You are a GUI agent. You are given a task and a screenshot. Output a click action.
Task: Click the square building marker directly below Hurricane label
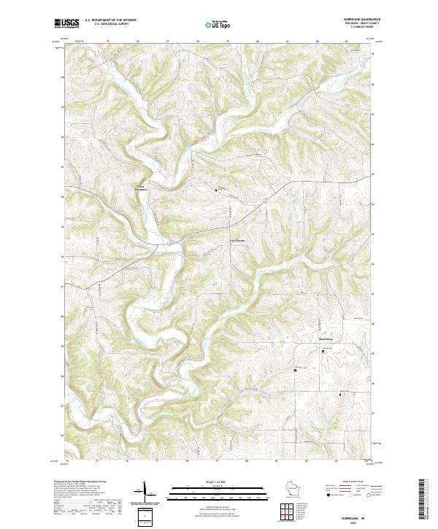click(x=324, y=351)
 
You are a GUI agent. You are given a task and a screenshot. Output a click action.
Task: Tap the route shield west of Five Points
click(x=169, y=242)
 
